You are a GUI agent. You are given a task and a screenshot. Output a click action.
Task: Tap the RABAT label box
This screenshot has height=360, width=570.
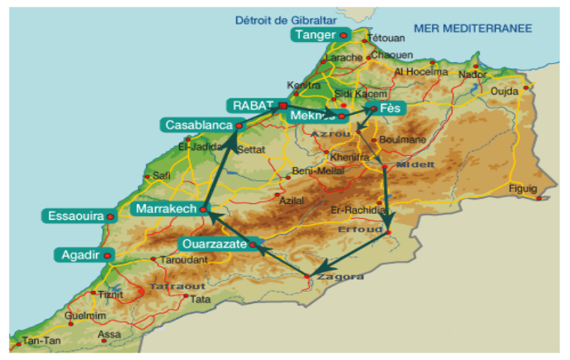250,105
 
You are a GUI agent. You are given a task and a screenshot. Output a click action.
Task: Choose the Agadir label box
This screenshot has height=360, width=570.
78,255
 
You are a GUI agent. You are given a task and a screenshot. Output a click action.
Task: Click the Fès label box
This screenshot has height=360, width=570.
390,108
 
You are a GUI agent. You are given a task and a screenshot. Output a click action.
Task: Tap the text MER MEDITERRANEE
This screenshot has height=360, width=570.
472,28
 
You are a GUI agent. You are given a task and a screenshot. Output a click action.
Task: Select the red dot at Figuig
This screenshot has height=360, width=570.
538,198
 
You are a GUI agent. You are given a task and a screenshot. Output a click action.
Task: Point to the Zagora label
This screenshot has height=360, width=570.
335,277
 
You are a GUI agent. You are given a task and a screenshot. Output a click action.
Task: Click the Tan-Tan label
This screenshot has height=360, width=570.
37,341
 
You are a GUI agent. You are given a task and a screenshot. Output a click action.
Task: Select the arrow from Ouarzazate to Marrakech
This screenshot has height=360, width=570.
229,228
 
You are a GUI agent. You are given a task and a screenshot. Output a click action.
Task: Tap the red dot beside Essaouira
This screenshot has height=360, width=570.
110,216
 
